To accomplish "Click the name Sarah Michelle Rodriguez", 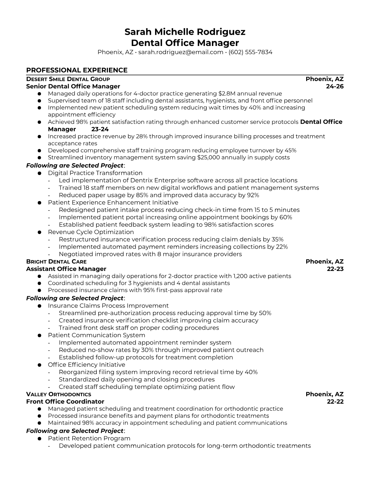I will pyautogui.click(x=185, y=32).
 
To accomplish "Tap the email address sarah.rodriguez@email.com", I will pyautogui.click(x=181, y=52).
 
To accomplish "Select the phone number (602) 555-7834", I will pyautogui.click(x=250, y=52).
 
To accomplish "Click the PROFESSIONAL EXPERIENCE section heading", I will pyautogui.click(x=77, y=70).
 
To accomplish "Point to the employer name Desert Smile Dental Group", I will pyautogui.click(x=68, y=79).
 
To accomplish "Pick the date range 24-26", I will pyautogui.click(x=335, y=86).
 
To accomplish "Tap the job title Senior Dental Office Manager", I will pyautogui.click(x=73, y=86).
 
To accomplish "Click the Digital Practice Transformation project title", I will pyautogui.click(x=95, y=173).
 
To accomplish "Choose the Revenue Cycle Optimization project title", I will pyautogui.click(x=91, y=232).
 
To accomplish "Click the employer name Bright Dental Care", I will pyautogui.click(x=57, y=262).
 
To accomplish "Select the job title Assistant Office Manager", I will pyautogui.click(x=66, y=269).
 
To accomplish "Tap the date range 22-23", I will pyautogui.click(x=335, y=269).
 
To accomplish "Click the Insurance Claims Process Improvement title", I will pyautogui.click(x=108, y=306).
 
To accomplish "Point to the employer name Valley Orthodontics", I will pyautogui.click(x=59, y=394).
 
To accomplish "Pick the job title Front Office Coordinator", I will pyautogui.click(x=65, y=402).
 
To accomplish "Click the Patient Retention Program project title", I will pyautogui.click(x=89, y=438).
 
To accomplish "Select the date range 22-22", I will pyautogui.click(x=335, y=402).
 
